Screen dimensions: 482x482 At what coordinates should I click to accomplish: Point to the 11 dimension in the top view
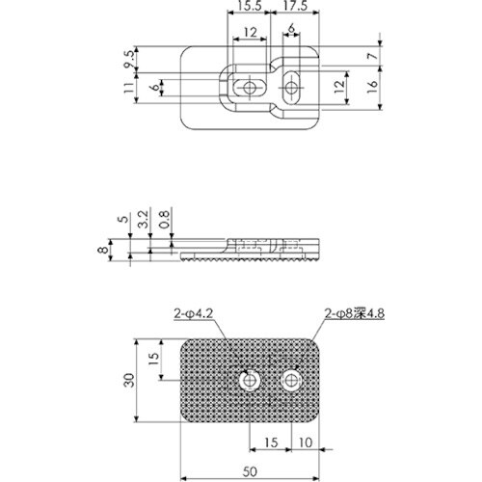(x=128, y=90)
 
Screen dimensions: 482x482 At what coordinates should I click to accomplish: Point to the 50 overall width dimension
(x=250, y=473)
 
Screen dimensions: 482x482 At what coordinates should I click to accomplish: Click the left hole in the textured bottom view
(x=252, y=382)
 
